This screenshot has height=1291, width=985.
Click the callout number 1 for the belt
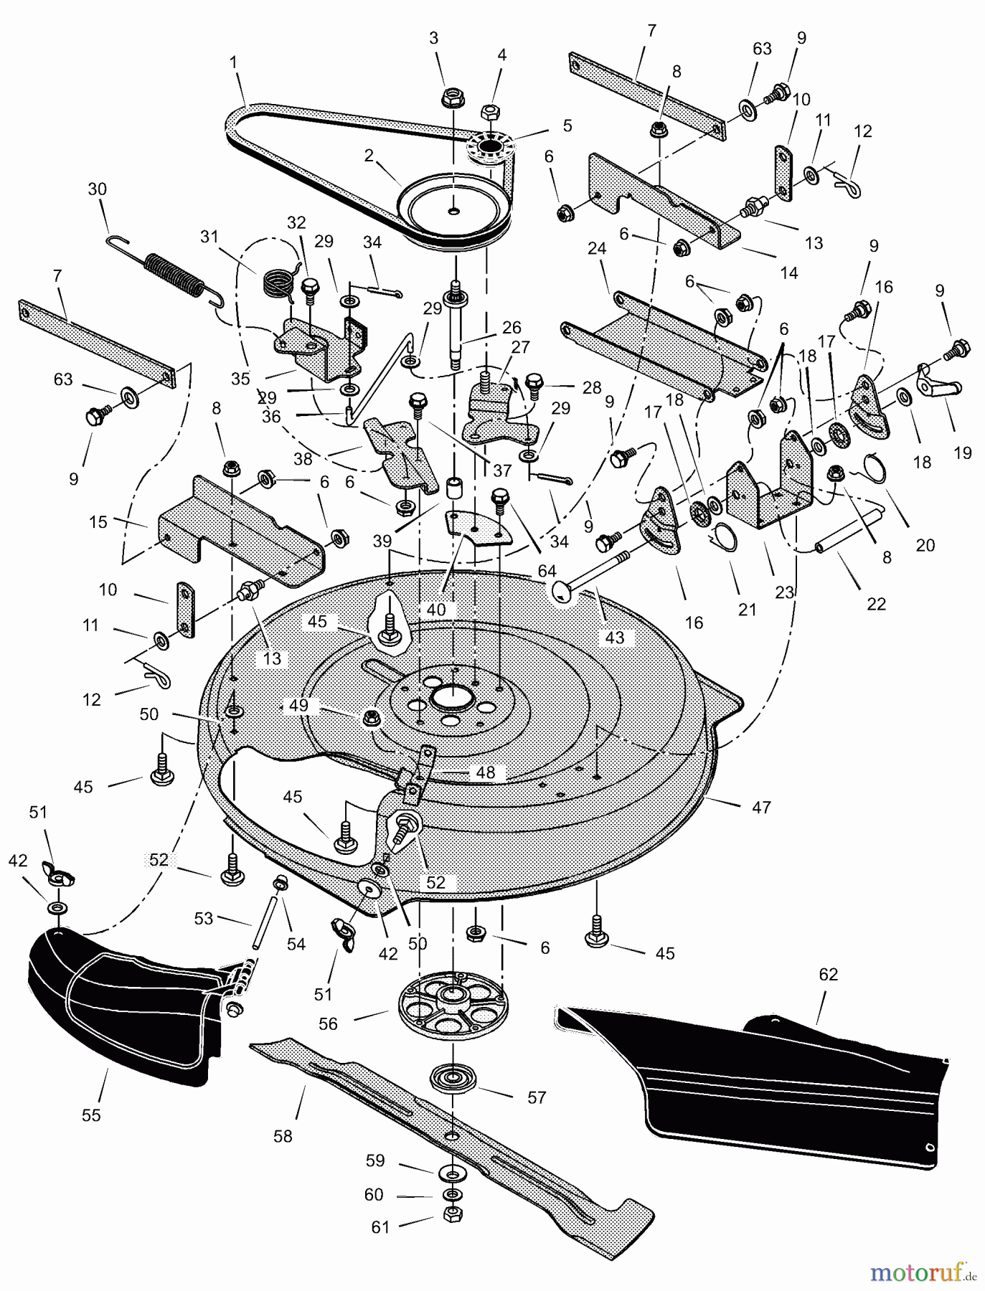234,63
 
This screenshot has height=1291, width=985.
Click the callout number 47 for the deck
761,808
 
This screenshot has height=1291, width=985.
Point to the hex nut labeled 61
453,1214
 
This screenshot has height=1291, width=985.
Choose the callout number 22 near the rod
877,605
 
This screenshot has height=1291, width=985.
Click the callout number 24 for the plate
597,249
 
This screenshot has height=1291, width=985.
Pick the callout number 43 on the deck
615,638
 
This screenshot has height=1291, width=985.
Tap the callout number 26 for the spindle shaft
512,328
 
